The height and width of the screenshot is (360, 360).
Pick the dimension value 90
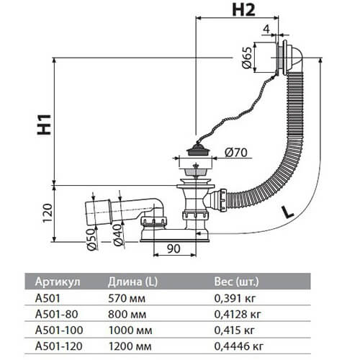click(173, 249)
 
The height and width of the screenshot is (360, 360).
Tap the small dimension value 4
click(286, 30)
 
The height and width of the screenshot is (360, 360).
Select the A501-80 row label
click(47, 314)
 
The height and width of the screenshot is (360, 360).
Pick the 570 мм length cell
click(125, 298)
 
